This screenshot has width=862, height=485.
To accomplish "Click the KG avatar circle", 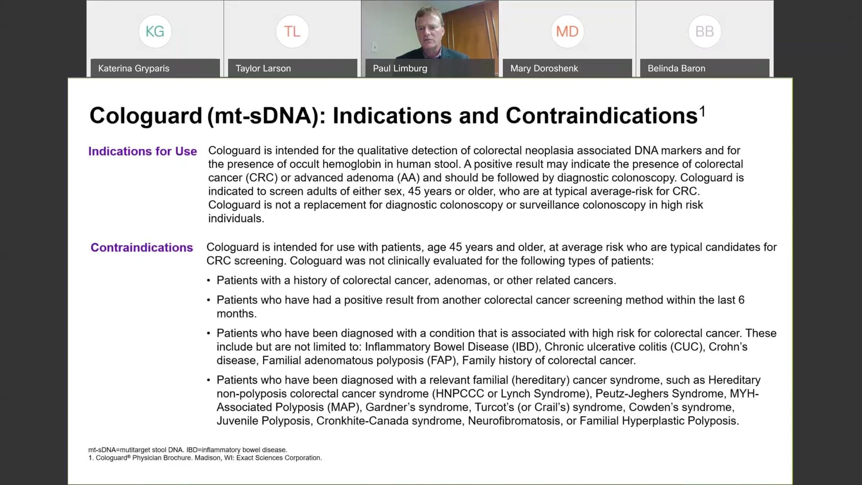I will pos(155,32).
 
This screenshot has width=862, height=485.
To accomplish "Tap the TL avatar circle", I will pos(292,32).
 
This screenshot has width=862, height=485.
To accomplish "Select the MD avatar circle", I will pos(567,32).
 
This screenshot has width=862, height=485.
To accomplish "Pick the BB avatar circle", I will pos(704,32).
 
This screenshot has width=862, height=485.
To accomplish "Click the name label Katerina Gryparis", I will pos(134,68).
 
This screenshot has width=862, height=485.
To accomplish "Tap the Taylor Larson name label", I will pos(263,68).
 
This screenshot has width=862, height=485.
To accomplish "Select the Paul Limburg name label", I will pos(400,68).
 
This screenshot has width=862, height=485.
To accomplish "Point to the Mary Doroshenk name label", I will pos(544,68).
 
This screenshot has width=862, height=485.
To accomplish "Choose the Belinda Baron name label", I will pos(676,68).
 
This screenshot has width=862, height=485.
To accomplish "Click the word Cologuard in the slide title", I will pos(146,116).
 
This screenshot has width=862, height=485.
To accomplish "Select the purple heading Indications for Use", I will pos(143,151).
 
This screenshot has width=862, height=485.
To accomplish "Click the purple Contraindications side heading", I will pos(142,248).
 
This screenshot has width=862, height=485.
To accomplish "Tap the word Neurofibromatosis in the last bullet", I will pos(514,421).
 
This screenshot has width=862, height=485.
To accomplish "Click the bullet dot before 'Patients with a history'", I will pos(208,281).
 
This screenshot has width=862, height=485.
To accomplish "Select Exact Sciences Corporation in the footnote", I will pos(279,458).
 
